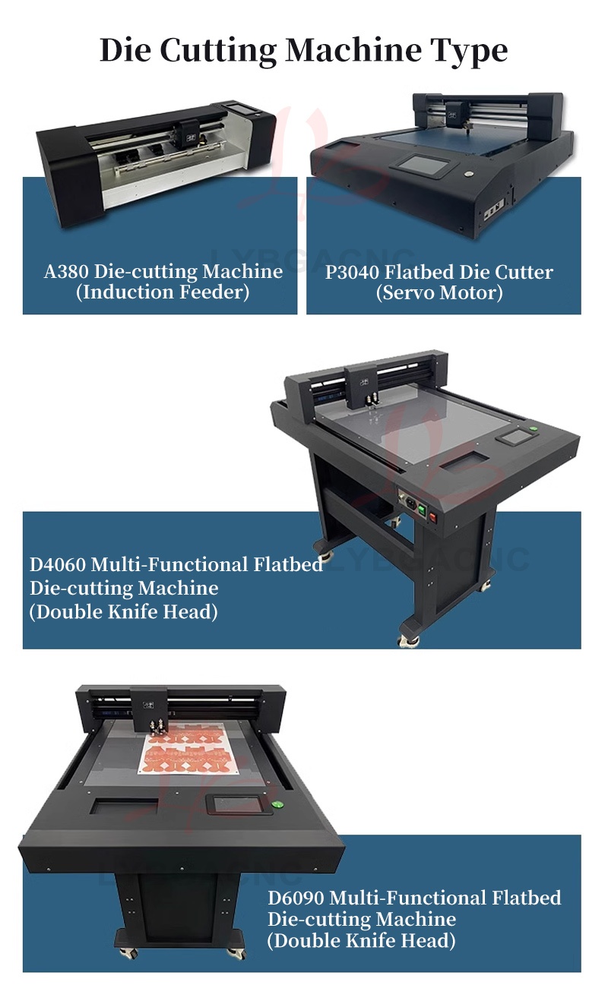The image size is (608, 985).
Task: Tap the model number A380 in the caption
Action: pos(66,272)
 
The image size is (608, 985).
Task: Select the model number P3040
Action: pos(352,273)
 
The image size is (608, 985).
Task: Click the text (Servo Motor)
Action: pos(439,293)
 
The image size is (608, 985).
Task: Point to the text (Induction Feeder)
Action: pos(163,292)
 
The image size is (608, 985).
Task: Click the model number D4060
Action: pos(58,565)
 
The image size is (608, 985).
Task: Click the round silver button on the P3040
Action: pos(469,174)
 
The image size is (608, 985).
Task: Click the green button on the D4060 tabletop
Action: pos(533,429)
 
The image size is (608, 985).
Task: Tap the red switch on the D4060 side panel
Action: pos(433,518)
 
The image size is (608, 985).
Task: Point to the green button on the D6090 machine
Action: pos(277,805)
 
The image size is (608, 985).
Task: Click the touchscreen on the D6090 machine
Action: pos(239,803)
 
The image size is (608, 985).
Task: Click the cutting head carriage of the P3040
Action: pos(456,115)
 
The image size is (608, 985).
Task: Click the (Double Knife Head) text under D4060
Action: pos(124,612)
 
